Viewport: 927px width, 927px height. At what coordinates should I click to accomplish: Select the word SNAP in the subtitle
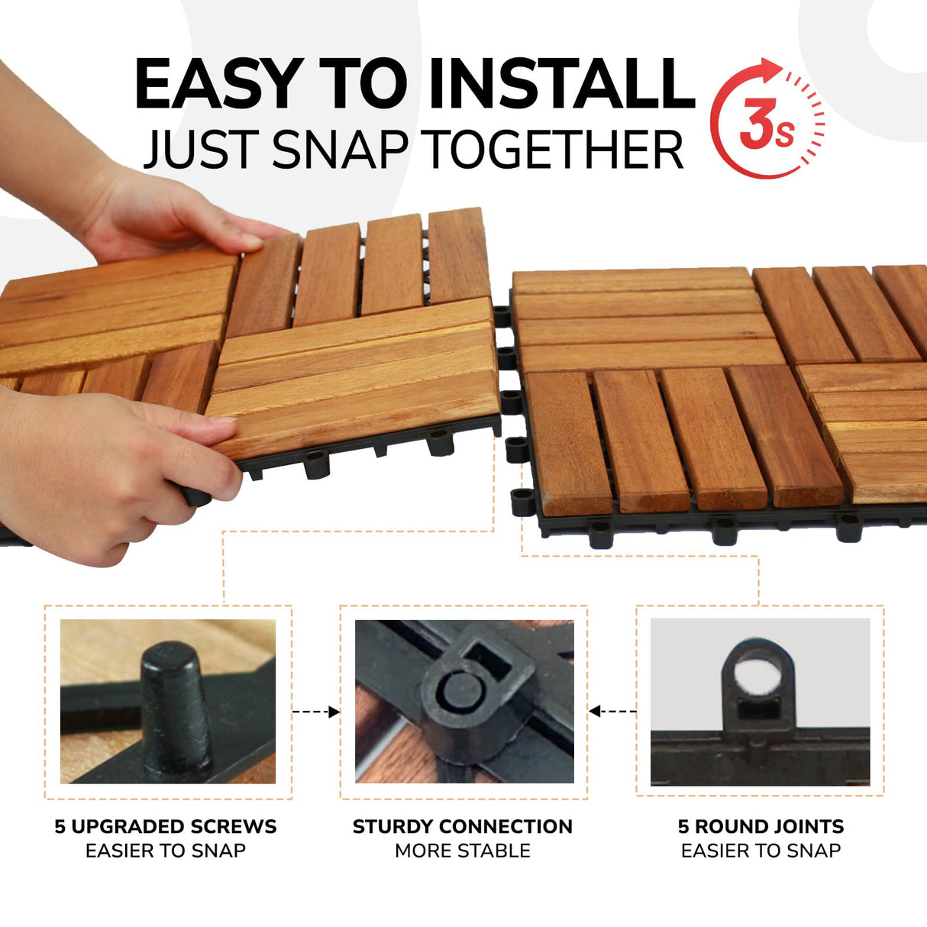[340, 150]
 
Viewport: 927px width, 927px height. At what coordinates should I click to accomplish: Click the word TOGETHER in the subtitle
[554, 150]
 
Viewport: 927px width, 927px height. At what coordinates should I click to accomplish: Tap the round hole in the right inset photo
[758, 675]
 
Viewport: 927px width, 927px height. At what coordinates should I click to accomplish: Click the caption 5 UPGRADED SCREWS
[166, 826]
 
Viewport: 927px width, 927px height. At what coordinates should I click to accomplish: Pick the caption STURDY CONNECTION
[462, 826]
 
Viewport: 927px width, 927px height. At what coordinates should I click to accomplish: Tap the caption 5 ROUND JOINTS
[761, 826]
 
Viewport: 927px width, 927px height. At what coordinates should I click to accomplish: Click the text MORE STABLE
[462, 851]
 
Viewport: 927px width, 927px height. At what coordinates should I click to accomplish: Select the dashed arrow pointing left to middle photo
[612, 712]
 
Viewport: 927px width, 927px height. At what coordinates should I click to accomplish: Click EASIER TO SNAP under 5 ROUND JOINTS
[761, 851]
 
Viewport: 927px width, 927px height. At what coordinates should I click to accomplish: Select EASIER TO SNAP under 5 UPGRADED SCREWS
[166, 851]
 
